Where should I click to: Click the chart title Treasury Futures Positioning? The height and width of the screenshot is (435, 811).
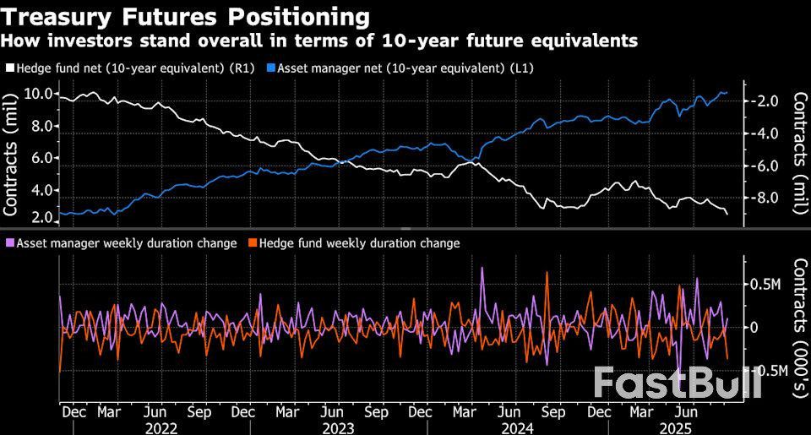(185, 17)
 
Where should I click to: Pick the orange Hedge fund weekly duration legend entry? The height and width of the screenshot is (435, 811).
(354, 243)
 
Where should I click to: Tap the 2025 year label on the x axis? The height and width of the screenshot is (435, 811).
(676, 428)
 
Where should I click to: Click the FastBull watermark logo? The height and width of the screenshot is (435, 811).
(677, 383)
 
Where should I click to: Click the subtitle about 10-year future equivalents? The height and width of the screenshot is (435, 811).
(319, 41)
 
